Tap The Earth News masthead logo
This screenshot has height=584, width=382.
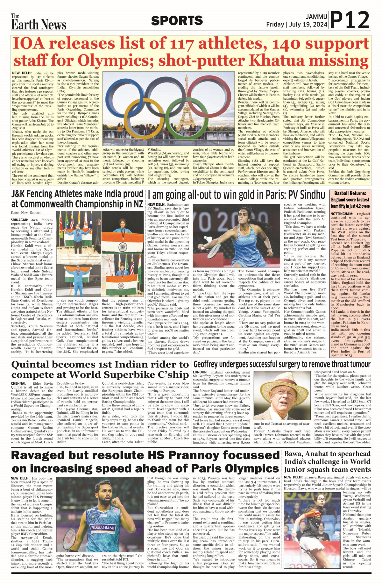pos(39,22)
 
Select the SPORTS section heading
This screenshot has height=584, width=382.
pos(177,21)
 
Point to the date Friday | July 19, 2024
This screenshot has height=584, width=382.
pos(297,25)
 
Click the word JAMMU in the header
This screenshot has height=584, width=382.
pos(316,17)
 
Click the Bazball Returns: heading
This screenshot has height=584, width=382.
pos(350,193)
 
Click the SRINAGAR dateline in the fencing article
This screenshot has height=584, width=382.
pos(19,220)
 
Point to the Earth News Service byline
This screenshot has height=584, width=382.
pos(26,213)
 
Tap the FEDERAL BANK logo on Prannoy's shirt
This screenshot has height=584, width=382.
pos(103,527)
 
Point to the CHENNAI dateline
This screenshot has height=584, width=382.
pos(18,383)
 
